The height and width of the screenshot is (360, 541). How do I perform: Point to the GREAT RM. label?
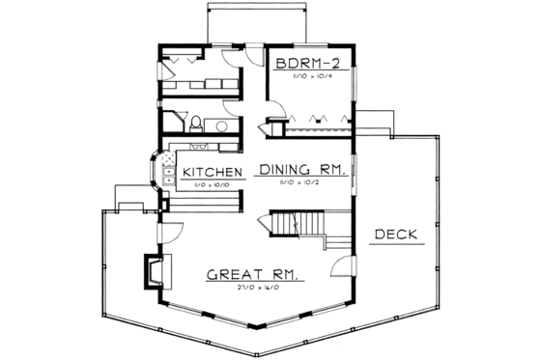click(252, 275)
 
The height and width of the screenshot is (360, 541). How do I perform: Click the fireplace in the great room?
click(154, 271)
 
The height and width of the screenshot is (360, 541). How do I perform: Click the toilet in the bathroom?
click(196, 122)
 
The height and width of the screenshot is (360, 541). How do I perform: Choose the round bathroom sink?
click(221, 125)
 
